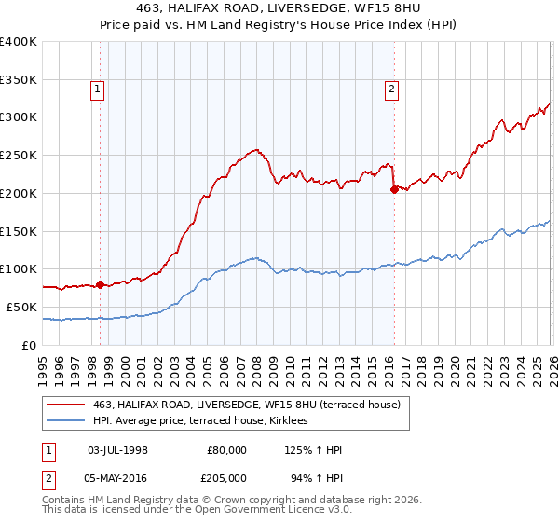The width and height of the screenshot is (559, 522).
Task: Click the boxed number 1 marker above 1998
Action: click(98, 89)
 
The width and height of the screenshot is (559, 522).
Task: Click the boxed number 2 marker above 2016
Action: click(391, 89)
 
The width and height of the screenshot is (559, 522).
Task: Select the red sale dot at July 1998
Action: click(100, 284)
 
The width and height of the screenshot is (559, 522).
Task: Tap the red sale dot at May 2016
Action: click(394, 189)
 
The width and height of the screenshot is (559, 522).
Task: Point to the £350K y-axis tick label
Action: click(19, 79)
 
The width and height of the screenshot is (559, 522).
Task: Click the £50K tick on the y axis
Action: click(22, 307)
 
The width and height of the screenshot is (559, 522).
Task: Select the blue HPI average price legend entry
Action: click(206, 421)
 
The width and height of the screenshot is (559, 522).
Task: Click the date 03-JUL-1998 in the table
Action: click(116, 450)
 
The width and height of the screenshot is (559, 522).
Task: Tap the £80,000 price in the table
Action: click(226, 450)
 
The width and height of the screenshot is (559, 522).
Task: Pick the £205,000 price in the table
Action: click(226, 478)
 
